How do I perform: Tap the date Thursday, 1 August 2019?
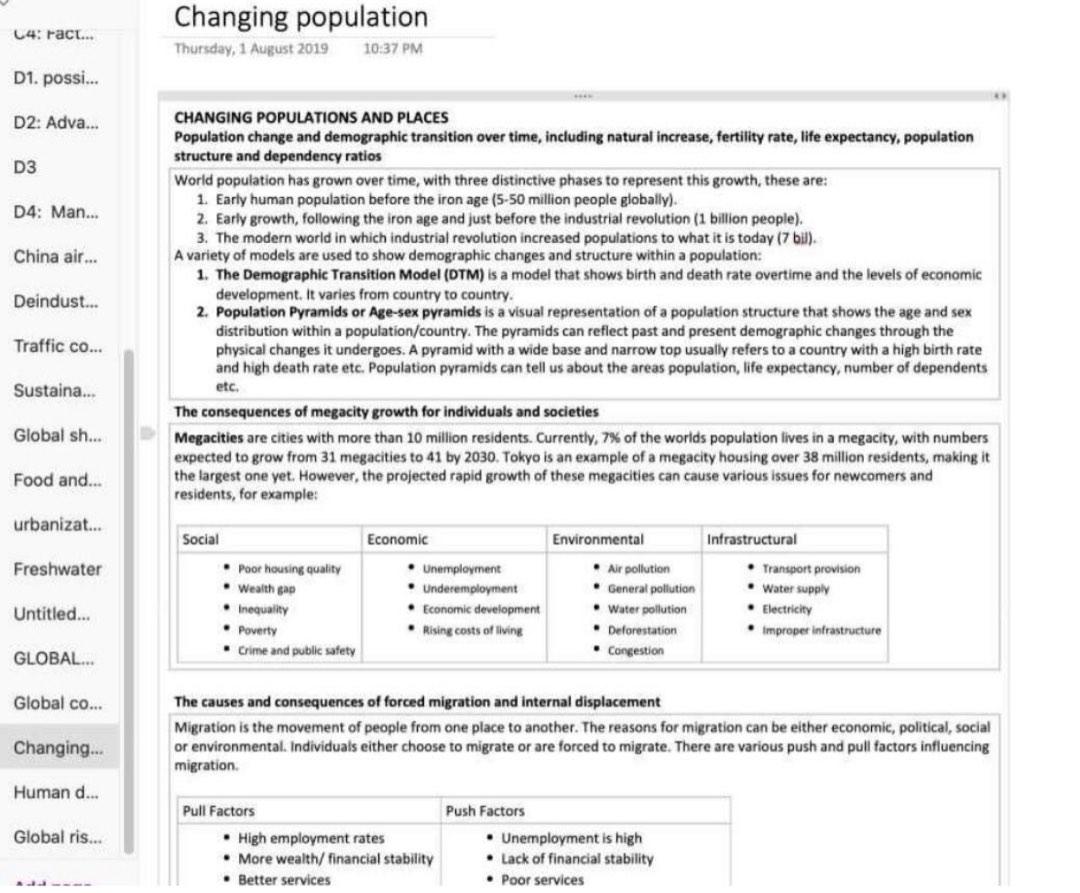(x=251, y=48)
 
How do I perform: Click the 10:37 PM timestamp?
(x=395, y=48)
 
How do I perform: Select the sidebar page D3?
(x=25, y=167)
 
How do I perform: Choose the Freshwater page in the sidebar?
(x=57, y=569)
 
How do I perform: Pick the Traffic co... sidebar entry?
(x=57, y=347)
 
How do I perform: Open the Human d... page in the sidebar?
(x=57, y=792)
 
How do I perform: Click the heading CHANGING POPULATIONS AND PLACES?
(x=311, y=118)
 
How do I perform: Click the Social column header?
(x=201, y=539)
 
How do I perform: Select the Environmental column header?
(x=598, y=539)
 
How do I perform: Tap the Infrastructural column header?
(x=751, y=539)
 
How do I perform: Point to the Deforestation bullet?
(x=642, y=630)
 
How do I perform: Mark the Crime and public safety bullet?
(x=296, y=651)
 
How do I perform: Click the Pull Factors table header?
(x=218, y=811)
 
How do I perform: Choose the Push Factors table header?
(x=485, y=811)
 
